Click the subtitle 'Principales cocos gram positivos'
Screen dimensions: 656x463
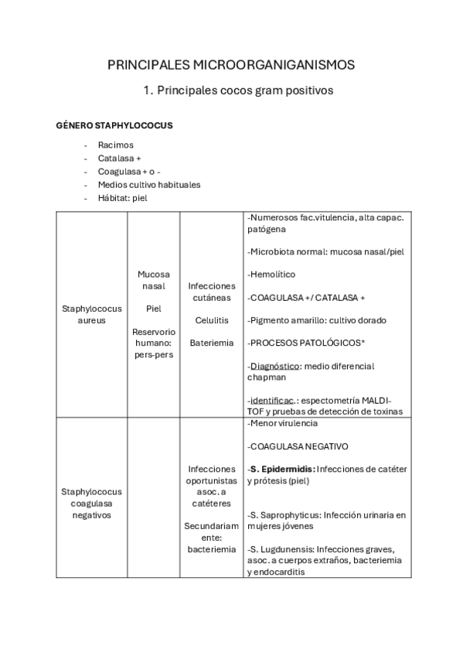pos(244,91)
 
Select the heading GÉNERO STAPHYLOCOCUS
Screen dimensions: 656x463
pos(114,125)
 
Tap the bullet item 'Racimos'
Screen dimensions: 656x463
pos(115,145)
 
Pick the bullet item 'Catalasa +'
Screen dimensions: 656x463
pos(119,158)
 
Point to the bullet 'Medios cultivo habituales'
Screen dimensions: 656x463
pos(149,184)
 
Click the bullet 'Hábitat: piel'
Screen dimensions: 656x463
pos(122,197)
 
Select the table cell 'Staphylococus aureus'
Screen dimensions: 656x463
pos(91,314)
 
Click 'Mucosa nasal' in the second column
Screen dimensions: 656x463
pos(153,280)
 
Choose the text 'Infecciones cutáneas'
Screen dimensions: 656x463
pos(211,292)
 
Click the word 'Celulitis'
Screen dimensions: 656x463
pos(211,320)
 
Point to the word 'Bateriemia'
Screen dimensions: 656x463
pos(211,343)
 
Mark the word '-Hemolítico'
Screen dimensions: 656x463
pos(271,274)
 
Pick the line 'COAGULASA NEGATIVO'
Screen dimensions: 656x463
pos(299,446)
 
